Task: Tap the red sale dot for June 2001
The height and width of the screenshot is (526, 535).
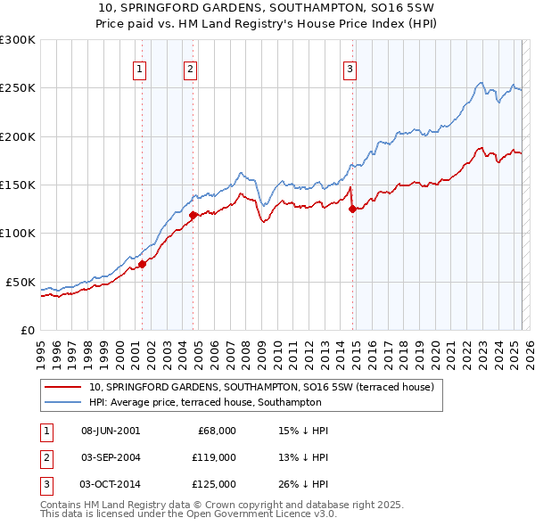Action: (142, 264)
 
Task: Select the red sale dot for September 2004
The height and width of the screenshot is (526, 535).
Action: (193, 215)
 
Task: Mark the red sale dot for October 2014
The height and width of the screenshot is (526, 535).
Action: (352, 210)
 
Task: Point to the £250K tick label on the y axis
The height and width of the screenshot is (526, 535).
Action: (18, 88)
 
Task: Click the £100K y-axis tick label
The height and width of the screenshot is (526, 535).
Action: (18, 234)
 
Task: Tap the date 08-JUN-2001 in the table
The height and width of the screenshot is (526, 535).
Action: (111, 431)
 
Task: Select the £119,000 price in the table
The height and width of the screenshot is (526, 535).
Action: (214, 457)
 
